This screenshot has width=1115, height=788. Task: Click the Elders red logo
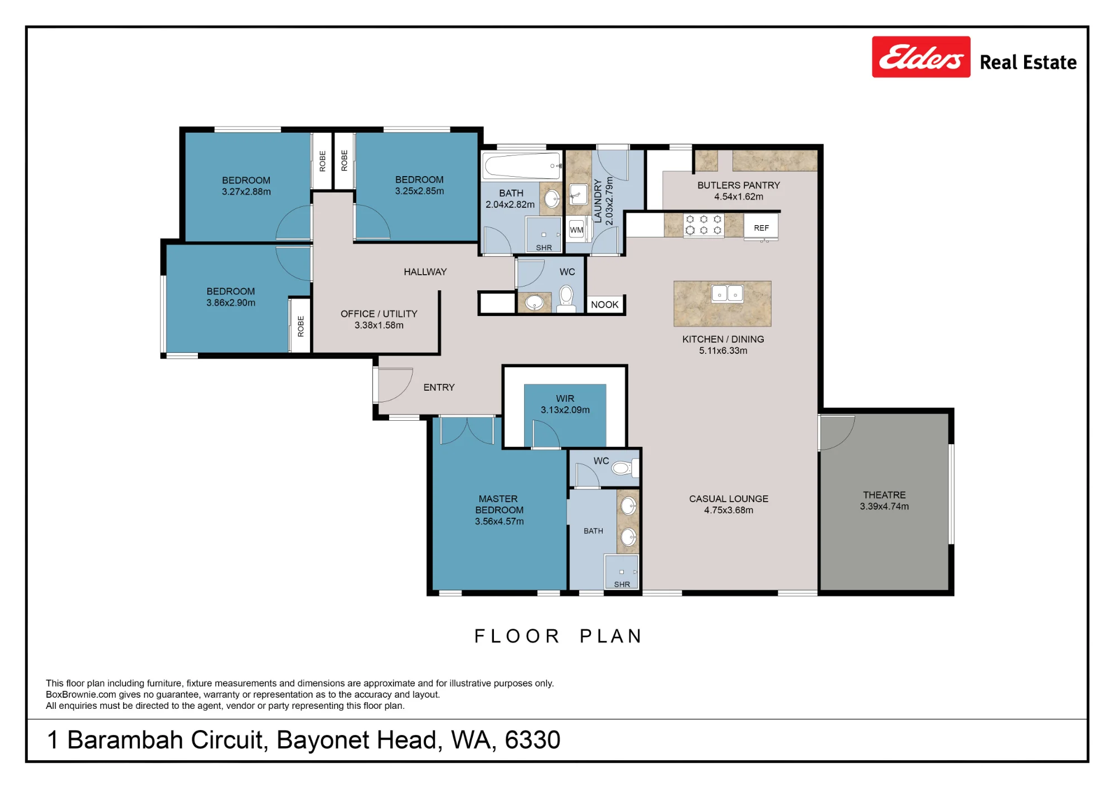921,57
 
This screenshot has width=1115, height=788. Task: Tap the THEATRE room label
884,495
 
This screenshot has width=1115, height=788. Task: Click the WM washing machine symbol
576,230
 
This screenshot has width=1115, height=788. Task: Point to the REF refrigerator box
761,227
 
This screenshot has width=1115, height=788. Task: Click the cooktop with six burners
704,225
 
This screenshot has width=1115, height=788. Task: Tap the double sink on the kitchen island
728,293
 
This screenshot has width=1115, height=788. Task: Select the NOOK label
604,305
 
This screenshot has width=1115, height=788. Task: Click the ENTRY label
439,387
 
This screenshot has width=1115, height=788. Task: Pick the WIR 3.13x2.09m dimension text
565,410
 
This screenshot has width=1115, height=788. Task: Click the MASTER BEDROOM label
499,504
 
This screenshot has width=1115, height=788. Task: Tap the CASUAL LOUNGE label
728,499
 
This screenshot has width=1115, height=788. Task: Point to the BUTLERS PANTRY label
738,185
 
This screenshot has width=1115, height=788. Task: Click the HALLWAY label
425,272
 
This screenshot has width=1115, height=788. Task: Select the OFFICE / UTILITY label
379,314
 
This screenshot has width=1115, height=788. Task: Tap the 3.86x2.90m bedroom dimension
231,303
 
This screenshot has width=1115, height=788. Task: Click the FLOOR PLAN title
558,636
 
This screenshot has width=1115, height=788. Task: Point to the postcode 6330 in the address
532,740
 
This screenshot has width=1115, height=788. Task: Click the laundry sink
578,195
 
